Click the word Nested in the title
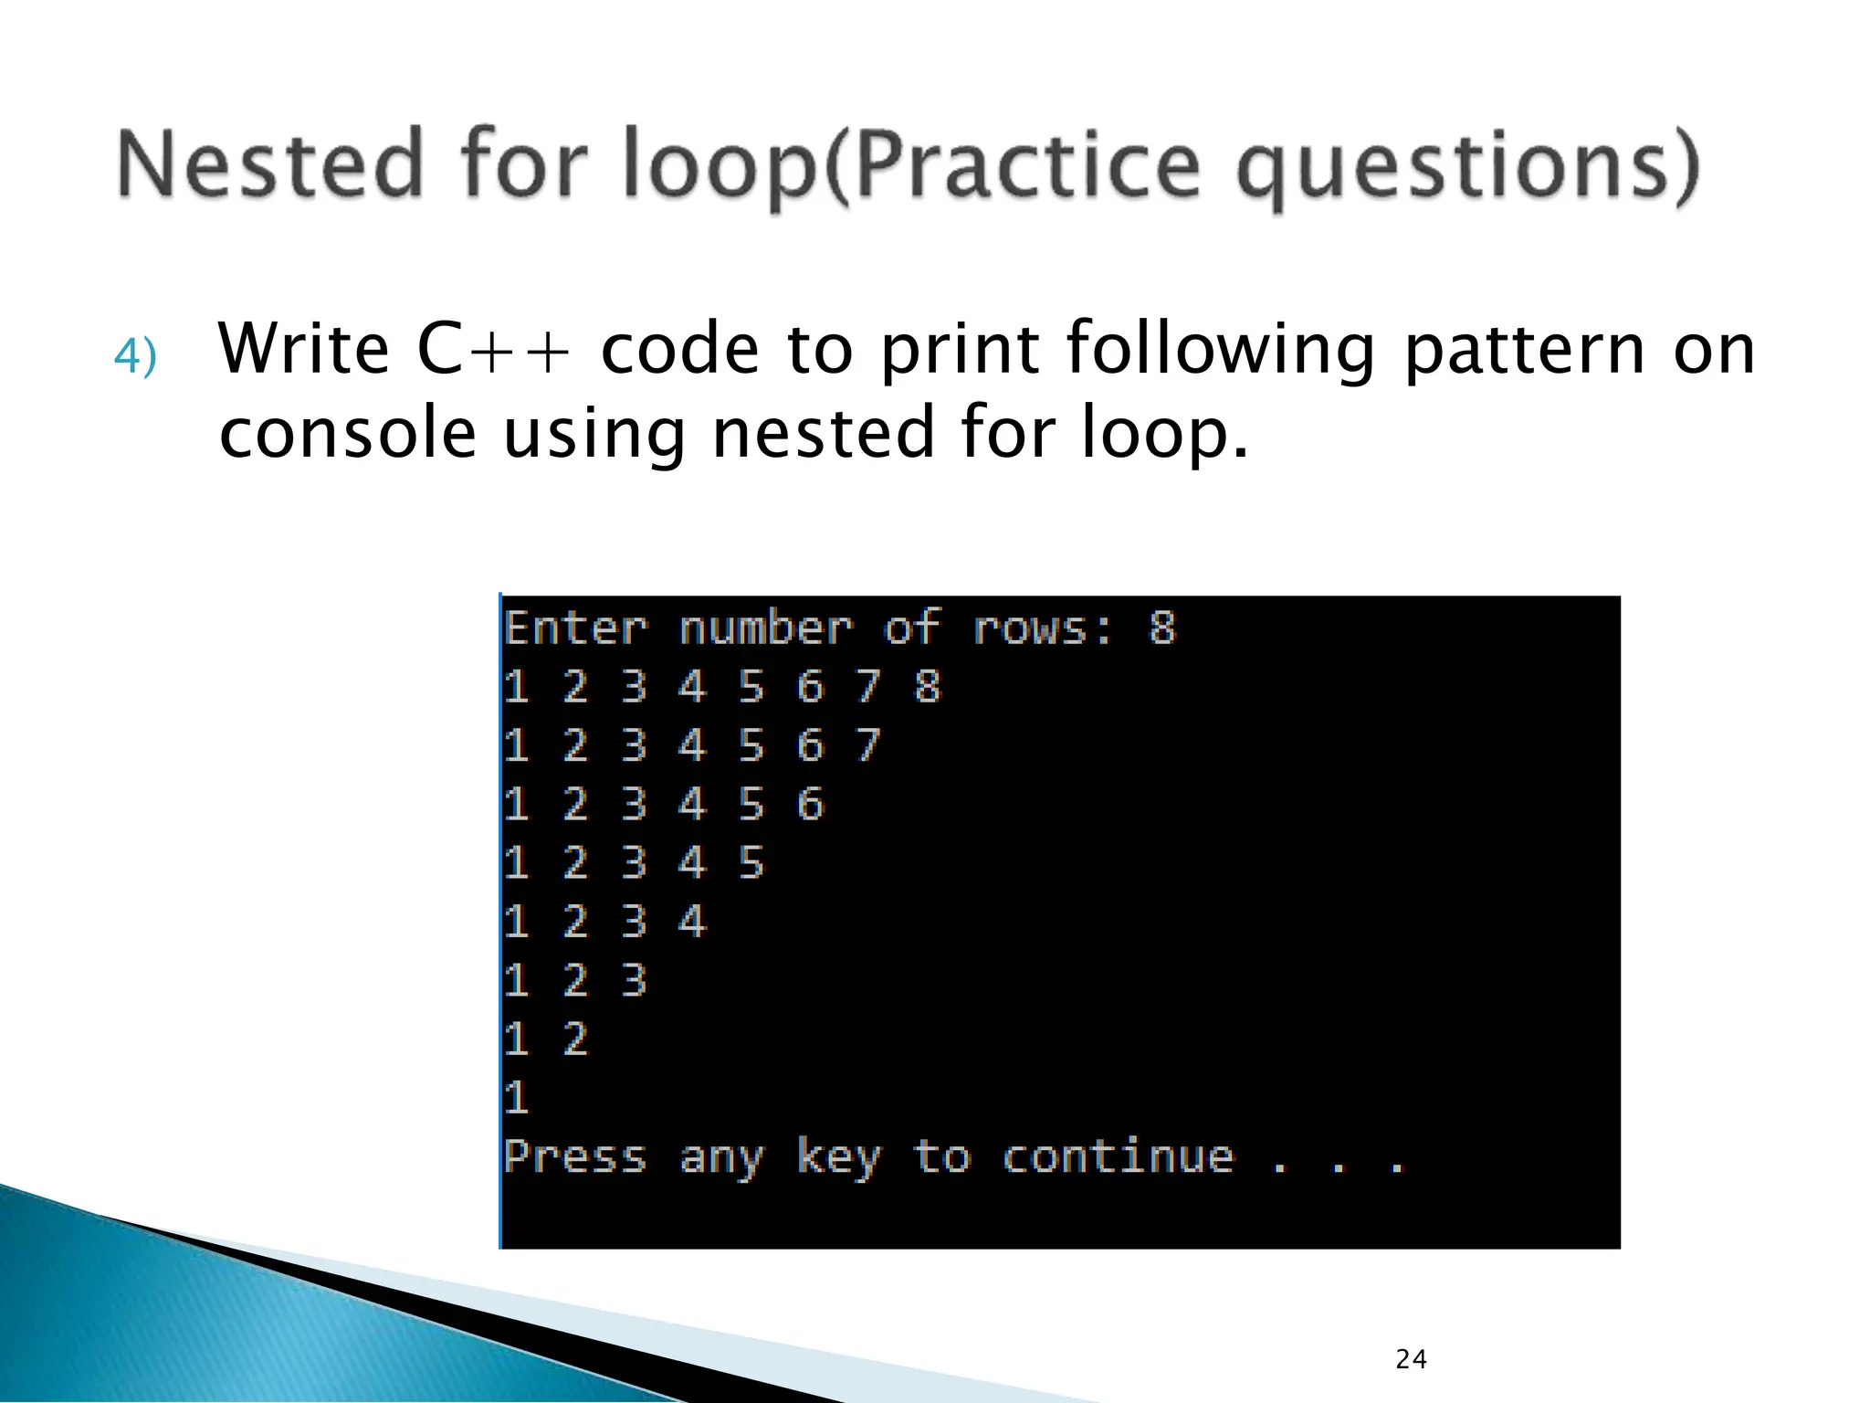270,164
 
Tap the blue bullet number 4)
135,356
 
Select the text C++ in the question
493,350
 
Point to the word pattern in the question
1523,350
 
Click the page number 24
1411,1359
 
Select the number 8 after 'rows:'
1161,628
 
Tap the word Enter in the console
575,628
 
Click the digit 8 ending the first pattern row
927,687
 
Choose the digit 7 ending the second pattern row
867,745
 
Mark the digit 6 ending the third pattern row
810,805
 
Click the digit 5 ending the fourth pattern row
751,863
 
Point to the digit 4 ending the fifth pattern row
692,922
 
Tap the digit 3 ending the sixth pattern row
634,980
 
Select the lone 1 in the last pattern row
517,1097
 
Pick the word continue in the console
1118,1157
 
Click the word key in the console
838,1157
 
